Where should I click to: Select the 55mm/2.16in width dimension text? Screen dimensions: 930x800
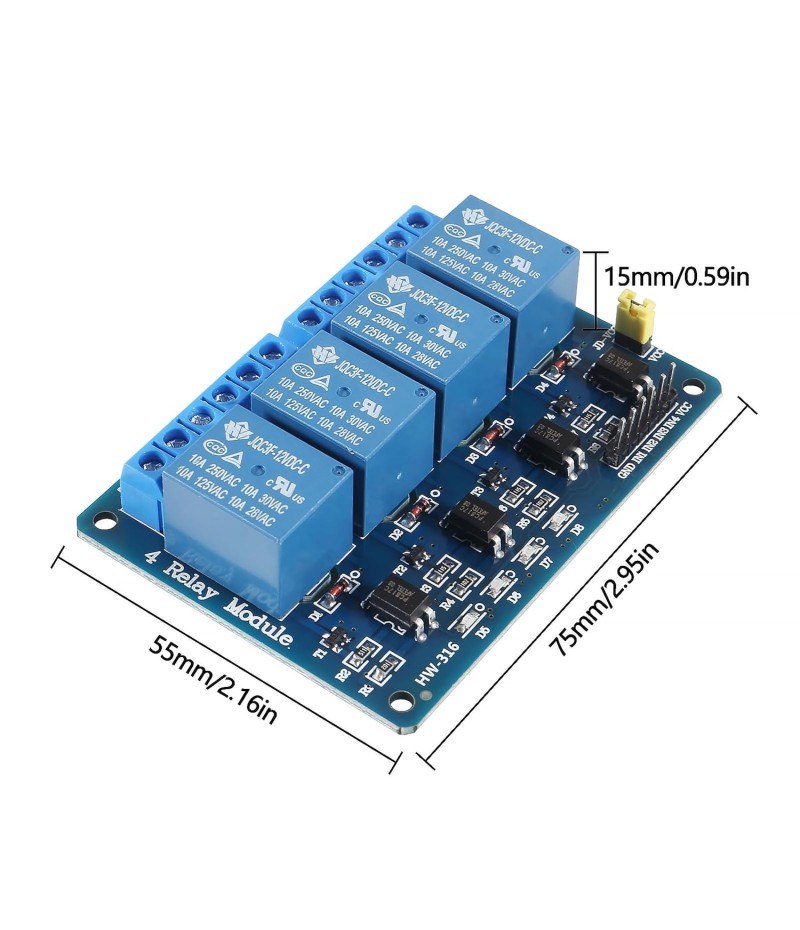[x=212, y=679]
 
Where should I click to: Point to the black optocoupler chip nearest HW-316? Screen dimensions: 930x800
[x=398, y=605]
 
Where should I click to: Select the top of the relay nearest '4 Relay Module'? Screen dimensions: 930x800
[x=251, y=466]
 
